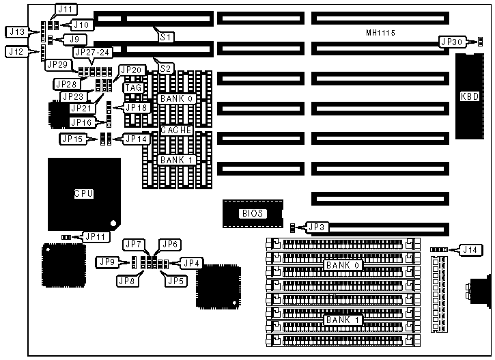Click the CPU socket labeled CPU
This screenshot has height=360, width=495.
coord(83,194)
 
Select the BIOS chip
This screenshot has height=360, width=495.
coord(251,213)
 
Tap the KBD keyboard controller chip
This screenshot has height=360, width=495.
coord(470,96)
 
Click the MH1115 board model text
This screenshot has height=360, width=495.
coord(380,32)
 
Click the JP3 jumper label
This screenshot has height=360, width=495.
coord(316,227)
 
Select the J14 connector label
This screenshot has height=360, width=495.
coord(470,249)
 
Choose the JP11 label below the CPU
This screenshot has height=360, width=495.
coord(94,236)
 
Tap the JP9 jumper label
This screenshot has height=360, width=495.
coord(108,262)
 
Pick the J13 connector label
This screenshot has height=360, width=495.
coord(16,31)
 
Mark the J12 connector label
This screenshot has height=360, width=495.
coord(16,51)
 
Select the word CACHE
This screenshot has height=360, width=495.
coord(176,130)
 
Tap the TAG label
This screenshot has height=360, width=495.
coord(132,87)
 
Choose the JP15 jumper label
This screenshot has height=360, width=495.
coord(72,139)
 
